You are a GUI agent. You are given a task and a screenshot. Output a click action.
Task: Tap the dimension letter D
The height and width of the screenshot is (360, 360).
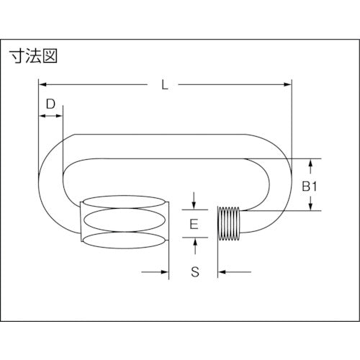[50, 104]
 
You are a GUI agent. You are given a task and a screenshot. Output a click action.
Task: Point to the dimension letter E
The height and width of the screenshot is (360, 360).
[194, 224]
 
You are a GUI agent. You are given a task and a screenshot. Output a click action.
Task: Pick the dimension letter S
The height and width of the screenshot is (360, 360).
[194, 271]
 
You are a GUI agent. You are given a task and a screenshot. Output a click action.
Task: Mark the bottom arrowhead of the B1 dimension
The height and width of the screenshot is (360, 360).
[310, 207]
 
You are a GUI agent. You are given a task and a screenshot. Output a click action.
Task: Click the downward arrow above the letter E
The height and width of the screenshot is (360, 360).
[194, 202]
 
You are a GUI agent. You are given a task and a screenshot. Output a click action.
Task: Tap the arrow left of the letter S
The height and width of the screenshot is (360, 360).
[164, 271]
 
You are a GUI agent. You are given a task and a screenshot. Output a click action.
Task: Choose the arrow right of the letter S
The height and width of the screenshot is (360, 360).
[222, 271]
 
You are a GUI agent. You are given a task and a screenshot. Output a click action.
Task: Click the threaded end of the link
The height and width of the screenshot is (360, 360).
[230, 222]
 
